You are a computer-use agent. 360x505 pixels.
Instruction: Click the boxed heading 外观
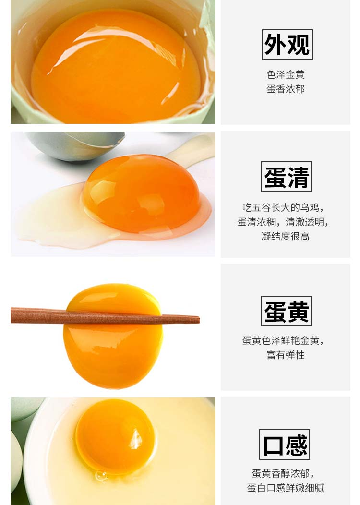click(287, 45)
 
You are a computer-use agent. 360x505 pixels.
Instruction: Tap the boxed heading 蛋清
click(287, 177)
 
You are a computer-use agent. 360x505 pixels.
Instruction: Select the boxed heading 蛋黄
click(287, 311)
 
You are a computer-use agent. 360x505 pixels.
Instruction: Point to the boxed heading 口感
click(285, 445)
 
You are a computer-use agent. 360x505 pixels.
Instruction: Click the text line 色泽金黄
click(286, 75)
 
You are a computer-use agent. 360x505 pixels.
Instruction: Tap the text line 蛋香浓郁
click(286, 89)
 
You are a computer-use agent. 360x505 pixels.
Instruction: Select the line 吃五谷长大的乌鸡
click(281, 207)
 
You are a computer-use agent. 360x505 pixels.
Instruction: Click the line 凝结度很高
click(286, 236)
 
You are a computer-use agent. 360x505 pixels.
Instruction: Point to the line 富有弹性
click(286, 355)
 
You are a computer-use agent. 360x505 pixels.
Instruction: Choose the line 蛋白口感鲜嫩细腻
click(286, 488)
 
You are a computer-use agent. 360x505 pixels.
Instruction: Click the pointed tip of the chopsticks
click(199, 320)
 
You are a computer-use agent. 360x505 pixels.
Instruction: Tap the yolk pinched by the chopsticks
click(113, 337)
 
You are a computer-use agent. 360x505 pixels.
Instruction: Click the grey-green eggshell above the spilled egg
click(76, 145)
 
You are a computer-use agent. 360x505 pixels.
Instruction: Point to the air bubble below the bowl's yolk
click(101, 476)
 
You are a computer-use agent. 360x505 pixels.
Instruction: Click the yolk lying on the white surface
click(142, 193)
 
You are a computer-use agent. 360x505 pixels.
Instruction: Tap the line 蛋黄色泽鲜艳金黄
click(281, 340)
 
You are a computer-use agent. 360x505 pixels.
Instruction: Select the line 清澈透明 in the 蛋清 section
click(305, 222)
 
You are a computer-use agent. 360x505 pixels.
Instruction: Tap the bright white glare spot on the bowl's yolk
click(136, 439)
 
